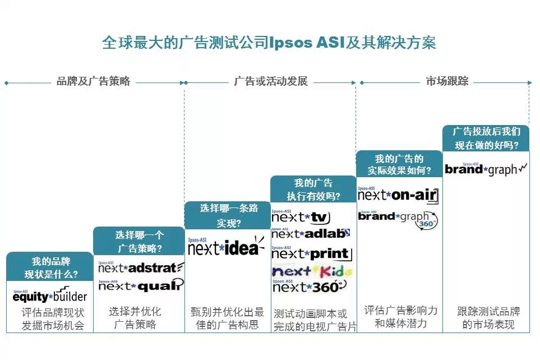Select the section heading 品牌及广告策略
(93, 81)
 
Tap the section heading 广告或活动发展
(271, 81)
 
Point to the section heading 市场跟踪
(446, 81)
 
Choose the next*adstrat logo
(141, 267)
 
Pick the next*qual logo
(141, 285)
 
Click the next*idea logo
(227, 247)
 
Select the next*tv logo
(301, 217)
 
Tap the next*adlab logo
(311, 233)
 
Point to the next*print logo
(312, 253)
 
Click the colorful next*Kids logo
(312, 272)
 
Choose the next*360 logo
(309, 287)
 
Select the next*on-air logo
(398, 195)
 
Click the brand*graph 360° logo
(398, 219)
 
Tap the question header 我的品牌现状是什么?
(50, 268)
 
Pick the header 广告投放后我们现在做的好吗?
(486, 138)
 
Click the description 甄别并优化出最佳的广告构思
(227, 318)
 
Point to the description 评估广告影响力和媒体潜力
(399, 317)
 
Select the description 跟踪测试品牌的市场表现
(486, 318)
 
